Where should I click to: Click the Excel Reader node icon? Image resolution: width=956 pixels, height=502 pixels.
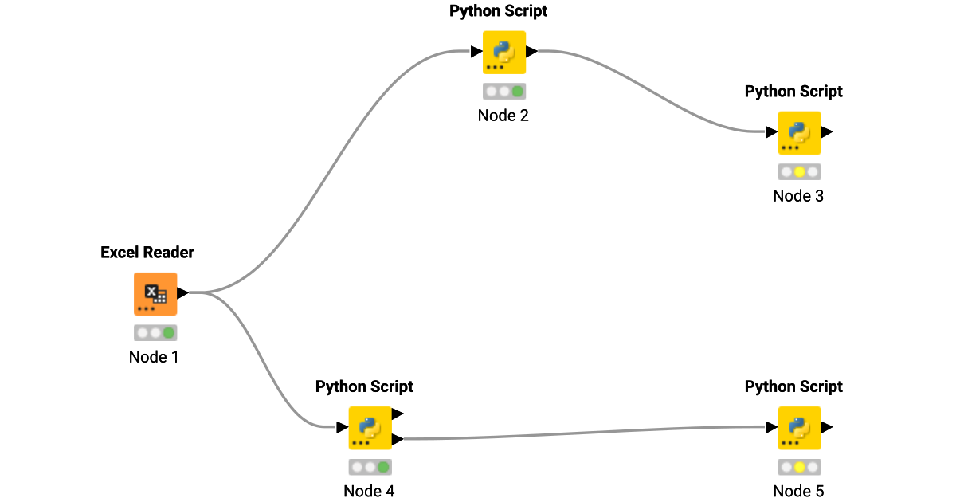155,294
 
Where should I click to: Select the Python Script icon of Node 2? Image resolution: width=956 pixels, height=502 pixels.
503,52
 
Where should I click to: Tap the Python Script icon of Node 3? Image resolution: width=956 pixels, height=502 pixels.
799,132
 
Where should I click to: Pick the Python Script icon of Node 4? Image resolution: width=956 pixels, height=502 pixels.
370,428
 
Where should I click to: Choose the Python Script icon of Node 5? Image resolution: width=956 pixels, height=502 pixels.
799,428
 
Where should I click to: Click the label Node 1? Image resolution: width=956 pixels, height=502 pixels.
154,357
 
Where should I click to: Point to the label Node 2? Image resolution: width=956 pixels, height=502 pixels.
503,115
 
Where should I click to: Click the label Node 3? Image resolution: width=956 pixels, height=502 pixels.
798,195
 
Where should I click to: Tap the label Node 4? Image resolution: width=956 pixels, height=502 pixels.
369,491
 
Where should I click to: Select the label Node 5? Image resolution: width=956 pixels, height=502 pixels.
798,491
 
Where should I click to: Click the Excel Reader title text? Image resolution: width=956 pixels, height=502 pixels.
147,253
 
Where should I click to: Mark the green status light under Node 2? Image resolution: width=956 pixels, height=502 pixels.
518,91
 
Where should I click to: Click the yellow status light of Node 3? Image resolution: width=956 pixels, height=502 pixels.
800,171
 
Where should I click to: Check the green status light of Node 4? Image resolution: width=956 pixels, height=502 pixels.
383,467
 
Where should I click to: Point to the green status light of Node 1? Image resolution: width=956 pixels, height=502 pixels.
168,333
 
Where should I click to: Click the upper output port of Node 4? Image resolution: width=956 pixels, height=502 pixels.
398,414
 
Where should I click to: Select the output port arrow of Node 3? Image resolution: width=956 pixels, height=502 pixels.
827,132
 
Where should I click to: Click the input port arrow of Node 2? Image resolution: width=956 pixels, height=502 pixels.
476,52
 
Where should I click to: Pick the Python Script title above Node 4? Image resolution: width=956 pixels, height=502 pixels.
364,386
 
